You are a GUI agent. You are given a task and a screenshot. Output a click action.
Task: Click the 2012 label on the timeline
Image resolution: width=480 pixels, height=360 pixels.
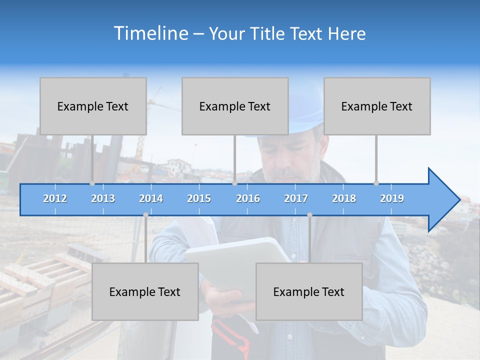tap(55, 198)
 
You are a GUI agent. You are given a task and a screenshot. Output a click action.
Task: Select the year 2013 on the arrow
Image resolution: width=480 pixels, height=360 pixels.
tap(103, 198)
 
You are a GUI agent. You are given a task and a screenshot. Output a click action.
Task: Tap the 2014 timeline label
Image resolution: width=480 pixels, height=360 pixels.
tap(151, 198)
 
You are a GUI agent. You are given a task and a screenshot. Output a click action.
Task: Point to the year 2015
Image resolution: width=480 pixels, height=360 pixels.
tap(199, 198)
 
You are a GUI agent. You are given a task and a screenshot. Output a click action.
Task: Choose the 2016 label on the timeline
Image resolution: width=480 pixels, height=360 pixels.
tap(248, 198)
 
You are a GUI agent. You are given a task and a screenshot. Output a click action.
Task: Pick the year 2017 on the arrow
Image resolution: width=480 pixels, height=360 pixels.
tap(296, 198)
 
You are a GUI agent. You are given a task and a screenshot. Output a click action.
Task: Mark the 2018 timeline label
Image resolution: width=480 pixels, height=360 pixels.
tap(344, 198)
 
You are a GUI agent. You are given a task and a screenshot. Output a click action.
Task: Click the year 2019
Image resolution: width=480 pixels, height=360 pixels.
tap(392, 198)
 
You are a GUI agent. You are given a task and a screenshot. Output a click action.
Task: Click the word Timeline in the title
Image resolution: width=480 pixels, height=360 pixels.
tap(150, 33)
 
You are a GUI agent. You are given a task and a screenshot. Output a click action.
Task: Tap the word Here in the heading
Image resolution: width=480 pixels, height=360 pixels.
tap(347, 34)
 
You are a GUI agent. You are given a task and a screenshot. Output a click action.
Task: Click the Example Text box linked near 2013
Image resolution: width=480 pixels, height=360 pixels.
tap(93, 106)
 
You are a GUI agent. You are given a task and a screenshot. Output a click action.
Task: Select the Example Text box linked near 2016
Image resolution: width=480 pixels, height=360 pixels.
tap(235, 106)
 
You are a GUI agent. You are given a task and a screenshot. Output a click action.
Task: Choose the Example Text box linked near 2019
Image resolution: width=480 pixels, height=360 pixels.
tap(377, 106)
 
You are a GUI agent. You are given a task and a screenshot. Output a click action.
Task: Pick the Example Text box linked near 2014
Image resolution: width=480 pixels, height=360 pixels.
tap(145, 291)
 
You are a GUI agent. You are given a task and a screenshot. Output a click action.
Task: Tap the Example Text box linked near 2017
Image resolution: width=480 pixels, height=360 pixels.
tap(309, 291)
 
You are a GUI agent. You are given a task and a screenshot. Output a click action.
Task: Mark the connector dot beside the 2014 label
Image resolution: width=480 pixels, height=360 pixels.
tap(145, 215)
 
